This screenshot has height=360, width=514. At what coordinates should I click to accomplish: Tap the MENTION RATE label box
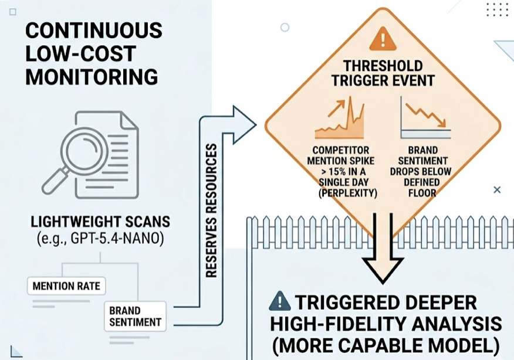coord(66,286)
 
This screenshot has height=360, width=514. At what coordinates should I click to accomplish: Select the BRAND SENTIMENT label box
coord(135,316)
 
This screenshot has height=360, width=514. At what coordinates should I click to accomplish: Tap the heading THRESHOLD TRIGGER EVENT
coord(383,73)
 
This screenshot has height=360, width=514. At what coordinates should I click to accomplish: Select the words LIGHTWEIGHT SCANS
coord(100,222)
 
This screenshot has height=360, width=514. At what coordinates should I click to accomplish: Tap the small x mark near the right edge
coord(497,189)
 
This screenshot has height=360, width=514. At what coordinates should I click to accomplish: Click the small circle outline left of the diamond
coord(285,27)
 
